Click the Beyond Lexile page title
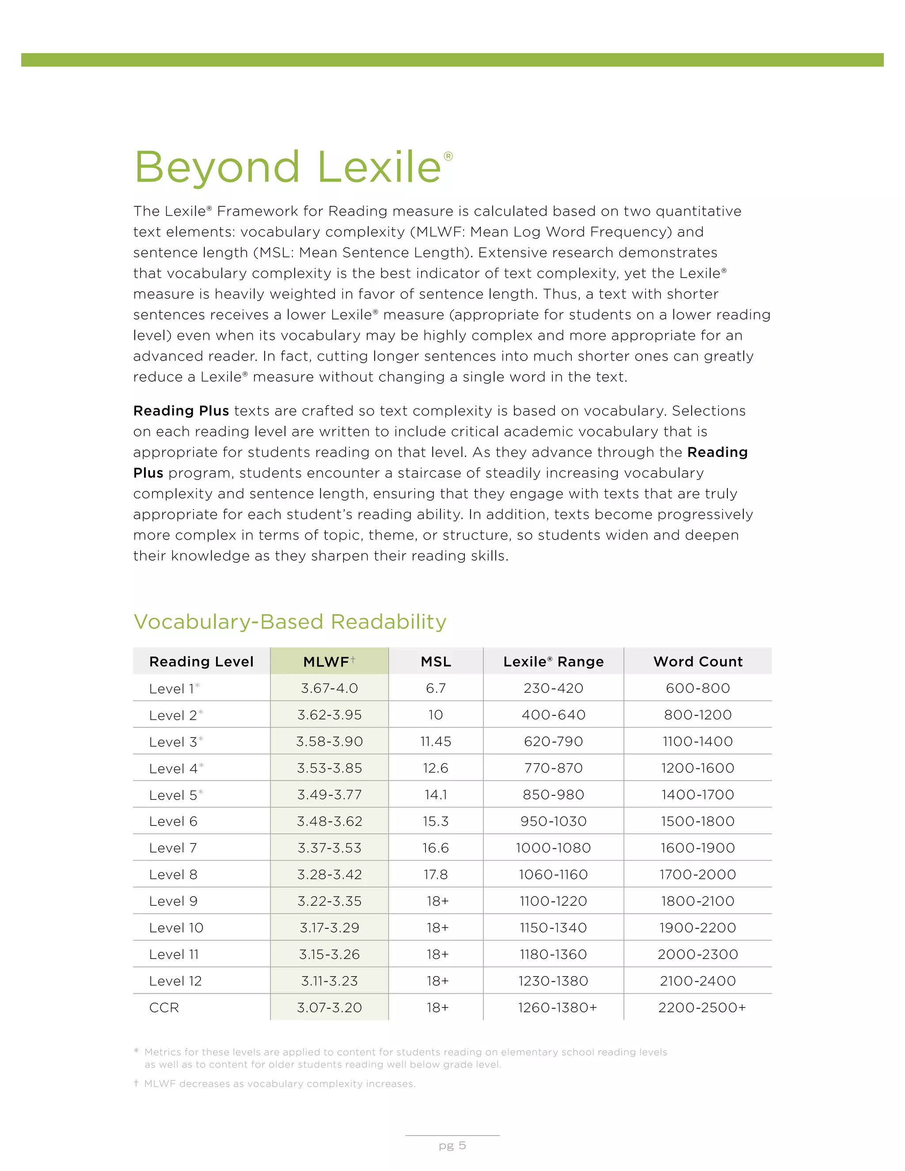click(x=288, y=167)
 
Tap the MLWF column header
click(x=327, y=662)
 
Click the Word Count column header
click(x=697, y=662)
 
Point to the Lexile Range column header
click(x=553, y=662)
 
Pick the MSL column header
click(x=435, y=662)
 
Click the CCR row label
click(x=164, y=1008)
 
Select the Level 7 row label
click(x=173, y=848)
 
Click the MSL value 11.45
click(x=435, y=741)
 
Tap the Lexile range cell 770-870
click(x=553, y=768)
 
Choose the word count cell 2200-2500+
click(x=701, y=1008)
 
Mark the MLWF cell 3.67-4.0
click(x=329, y=688)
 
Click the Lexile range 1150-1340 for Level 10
click(x=553, y=928)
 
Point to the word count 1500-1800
click(x=697, y=821)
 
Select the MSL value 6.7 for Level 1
click(x=435, y=688)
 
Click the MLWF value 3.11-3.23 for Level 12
click(x=329, y=981)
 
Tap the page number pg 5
click(x=452, y=1146)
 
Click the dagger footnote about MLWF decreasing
click(x=279, y=1084)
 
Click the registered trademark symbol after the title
click(x=448, y=156)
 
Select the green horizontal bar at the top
click(x=452, y=60)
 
